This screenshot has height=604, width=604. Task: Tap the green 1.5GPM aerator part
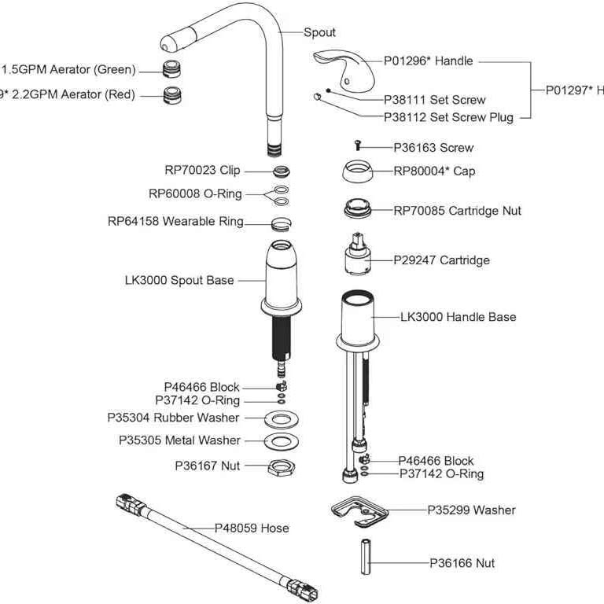(x=171, y=68)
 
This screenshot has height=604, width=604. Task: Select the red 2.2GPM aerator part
(x=171, y=95)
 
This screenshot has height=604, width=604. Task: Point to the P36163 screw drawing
(x=358, y=145)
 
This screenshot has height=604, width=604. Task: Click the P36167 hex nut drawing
(x=278, y=467)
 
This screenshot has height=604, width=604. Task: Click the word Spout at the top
(x=319, y=32)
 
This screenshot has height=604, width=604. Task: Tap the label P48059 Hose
(x=252, y=528)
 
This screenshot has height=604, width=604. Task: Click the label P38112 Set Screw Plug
(x=448, y=117)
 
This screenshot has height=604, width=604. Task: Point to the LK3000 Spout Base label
(x=179, y=279)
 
